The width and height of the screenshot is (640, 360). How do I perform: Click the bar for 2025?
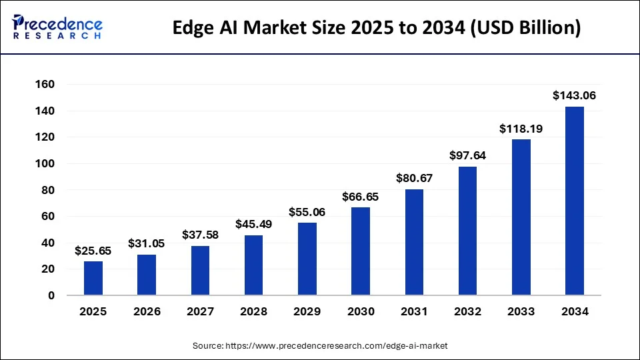point(93,278)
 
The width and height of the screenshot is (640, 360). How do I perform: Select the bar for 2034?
point(575,201)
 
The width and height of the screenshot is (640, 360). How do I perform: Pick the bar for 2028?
point(254,265)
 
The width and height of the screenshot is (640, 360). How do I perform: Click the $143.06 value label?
point(575,96)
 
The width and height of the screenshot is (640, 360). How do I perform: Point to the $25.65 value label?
point(93,251)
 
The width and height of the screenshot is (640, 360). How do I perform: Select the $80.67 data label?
point(414,179)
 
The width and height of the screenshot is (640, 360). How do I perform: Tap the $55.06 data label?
point(307,212)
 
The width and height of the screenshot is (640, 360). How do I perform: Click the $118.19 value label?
point(521,129)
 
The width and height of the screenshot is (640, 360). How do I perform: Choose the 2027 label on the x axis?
point(200,311)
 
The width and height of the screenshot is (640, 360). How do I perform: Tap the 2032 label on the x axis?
point(467,311)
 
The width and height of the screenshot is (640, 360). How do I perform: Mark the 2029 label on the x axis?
point(307,311)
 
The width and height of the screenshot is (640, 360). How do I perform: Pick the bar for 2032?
point(467,231)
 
